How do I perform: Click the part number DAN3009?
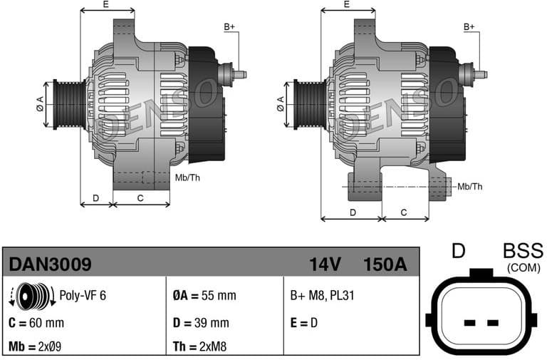tap(50, 264)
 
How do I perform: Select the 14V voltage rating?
tap(325, 264)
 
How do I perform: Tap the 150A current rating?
tap(385, 264)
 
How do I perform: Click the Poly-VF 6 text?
tap(83, 295)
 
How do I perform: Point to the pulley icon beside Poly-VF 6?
tap(32, 296)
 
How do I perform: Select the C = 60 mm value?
tap(36, 322)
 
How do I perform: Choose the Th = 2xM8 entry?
tap(201, 347)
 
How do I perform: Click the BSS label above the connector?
tap(523, 252)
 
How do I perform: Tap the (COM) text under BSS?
tap(523, 267)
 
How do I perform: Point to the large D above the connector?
tap(459, 252)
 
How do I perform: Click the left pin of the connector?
tap(469, 323)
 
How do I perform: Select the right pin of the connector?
tap(491, 323)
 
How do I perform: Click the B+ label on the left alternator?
tap(229, 26)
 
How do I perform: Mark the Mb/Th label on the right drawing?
tap(469, 186)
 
